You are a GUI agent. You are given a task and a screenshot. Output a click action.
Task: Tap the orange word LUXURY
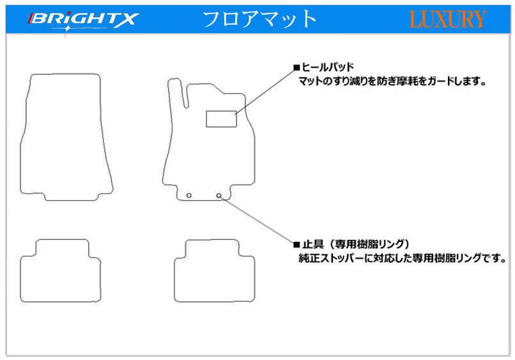coord(447,19)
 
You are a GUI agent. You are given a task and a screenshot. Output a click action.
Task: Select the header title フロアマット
coord(259,19)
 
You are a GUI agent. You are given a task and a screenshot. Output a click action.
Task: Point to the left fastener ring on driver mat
coord(189,195)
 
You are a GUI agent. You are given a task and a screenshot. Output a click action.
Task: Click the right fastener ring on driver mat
coord(219,195)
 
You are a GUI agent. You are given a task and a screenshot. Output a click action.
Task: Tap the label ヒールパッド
coord(327,67)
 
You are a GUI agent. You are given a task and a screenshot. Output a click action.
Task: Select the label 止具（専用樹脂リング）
coord(356,244)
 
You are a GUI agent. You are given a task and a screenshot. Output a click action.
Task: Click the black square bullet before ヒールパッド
coord(296,68)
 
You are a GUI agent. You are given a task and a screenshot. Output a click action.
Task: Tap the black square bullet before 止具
coord(296,244)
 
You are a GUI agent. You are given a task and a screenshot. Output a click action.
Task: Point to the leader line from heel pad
coord(265,91)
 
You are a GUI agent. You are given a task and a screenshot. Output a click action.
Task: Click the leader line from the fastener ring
coord(256,220)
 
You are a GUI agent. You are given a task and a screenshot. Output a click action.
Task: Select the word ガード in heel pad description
coord(442,81)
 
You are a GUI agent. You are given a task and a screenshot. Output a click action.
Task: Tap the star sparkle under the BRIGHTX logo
coord(67,29)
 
